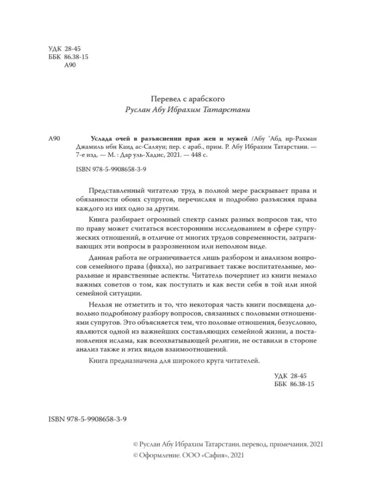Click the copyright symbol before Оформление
coord(136,455)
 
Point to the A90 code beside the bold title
coord(54,139)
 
